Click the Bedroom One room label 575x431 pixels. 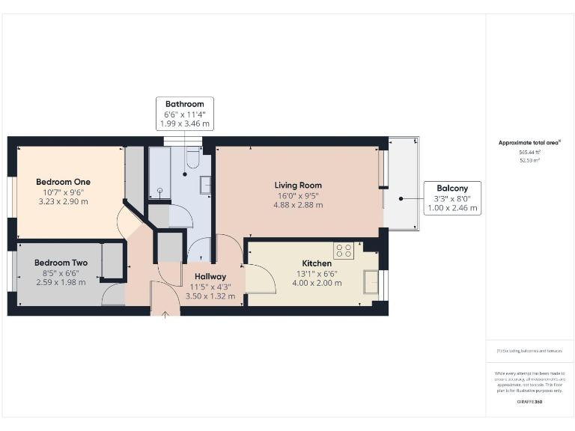point(63,182)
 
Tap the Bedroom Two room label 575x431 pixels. point(61,263)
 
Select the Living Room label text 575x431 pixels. point(297,185)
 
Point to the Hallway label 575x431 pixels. point(210,276)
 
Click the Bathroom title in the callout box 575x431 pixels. point(184,104)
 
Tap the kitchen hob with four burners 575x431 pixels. point(344,251)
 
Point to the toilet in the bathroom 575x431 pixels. point(192,159)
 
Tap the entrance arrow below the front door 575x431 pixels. point(165,313)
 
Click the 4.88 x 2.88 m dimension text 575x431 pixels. point(297,205)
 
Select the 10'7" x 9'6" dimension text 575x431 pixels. point(63,192)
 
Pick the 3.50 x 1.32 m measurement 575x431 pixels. point(210,296)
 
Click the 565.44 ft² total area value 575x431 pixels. point(529,151)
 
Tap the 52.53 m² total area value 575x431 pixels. point(529,160)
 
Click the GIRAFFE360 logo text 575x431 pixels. point(529,403)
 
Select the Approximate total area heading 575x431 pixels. point(529,142)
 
